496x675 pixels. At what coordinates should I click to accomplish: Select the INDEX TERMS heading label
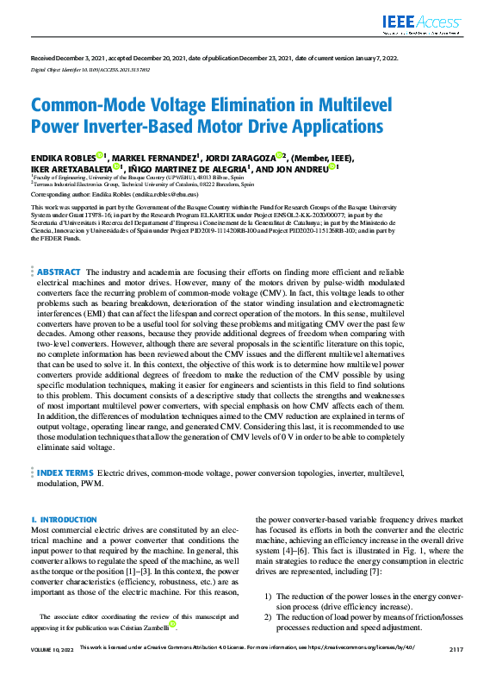[65, 473]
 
